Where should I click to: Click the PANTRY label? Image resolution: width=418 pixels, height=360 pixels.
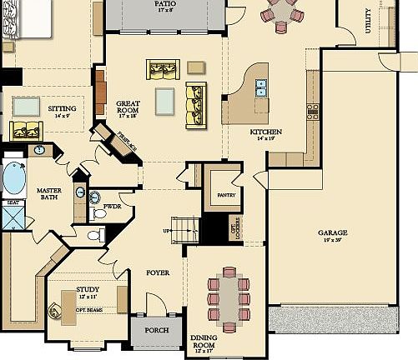point(227,195)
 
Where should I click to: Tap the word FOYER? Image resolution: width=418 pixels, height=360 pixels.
point(158,272)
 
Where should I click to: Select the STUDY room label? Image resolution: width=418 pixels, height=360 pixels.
point(88,292)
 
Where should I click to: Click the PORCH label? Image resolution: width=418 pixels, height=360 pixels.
point(157,330)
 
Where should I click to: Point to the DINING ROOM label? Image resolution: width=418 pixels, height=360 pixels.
point(204,342)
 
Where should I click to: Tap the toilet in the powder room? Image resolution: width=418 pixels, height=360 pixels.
point(99,213)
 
